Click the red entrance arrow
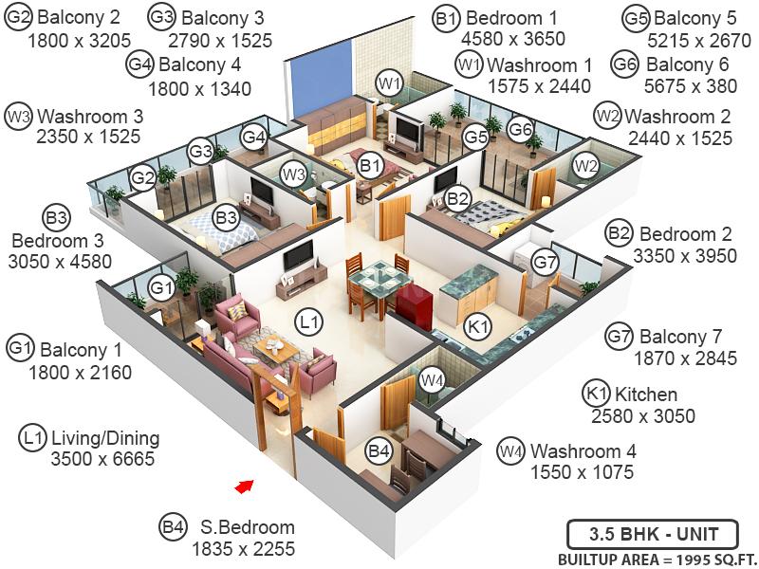pyautogui.click(x=245, y=486)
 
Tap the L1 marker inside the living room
pyautogui.click(x=309, y=321)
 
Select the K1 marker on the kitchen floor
pyautogui.click(x=478, y=327)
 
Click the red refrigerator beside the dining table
pyautogui.click(x=415, y=306)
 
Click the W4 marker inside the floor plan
pyautogui.click(x=432, y=380)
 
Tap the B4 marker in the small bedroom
pyautogui.click(x=379, y=451)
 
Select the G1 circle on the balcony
pyautogui.click(x=161, y=289)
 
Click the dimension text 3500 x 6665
pyautogui.click(x=102, y=458)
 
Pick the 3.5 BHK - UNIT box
pyautogui.click(x=653, y=534)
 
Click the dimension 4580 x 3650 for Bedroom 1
pyautogui.click(x=513, y=38)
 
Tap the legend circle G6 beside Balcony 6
pyautogui.click(x=625, y=64)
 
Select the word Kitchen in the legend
pyautogui.click(x=646, y=395)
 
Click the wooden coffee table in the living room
pyautogui.click(x=276, y=349)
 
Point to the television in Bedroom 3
pyautogui.click(x=262, y=192)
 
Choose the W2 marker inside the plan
pyautogui.click(x=585, y=166)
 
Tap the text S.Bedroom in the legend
pyautogui.click(x=248, y=527)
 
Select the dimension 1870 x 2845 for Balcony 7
pyautogui.click(x=685, y=358)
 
